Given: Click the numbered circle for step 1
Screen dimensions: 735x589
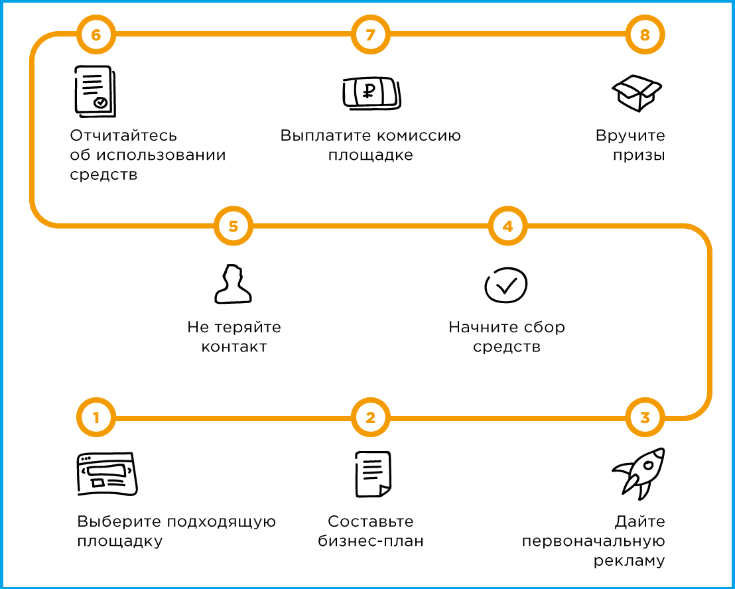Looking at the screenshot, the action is [96, 417].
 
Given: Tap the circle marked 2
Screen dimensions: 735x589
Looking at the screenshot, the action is [370, 417].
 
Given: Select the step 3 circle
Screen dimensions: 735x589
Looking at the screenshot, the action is [645, 417].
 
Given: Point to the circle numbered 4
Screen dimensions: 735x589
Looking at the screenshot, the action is [507, 226].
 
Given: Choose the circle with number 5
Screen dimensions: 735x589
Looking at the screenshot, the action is [234, 226].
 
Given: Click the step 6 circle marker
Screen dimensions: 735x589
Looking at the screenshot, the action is [96, 34].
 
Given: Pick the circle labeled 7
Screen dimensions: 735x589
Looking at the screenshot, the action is [370, 34].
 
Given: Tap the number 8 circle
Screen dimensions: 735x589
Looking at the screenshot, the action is [645, 34].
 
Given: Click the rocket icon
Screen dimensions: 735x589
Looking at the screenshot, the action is [639, 474].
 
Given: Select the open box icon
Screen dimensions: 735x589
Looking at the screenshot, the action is [637, 93].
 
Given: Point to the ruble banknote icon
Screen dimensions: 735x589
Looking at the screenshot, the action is [371, 93].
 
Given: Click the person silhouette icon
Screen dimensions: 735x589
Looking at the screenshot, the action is [233, 284].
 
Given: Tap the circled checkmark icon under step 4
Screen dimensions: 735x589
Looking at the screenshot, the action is [506, 285].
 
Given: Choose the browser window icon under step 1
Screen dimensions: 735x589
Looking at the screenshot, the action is [107, 474].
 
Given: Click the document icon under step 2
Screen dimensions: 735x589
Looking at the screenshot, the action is [373, 474].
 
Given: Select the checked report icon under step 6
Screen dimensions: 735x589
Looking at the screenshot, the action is [95, 92].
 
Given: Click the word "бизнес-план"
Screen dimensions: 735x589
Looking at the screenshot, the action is [371, 541].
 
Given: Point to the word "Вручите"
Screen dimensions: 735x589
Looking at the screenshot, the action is [630, 136].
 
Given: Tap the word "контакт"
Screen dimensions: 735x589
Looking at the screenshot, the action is [234, 347].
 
